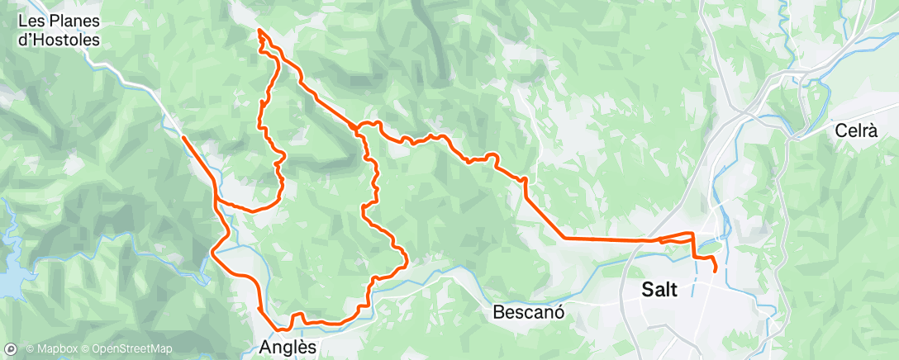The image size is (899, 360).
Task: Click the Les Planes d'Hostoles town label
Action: (59, 30)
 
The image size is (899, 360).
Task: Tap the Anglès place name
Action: (288, 347)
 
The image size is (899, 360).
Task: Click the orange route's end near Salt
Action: (714, 270)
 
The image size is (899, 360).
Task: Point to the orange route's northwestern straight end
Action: (183, 137)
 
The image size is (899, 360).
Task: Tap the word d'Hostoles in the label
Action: (59, 39)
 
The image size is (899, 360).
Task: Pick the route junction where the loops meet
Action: (359, 128)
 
